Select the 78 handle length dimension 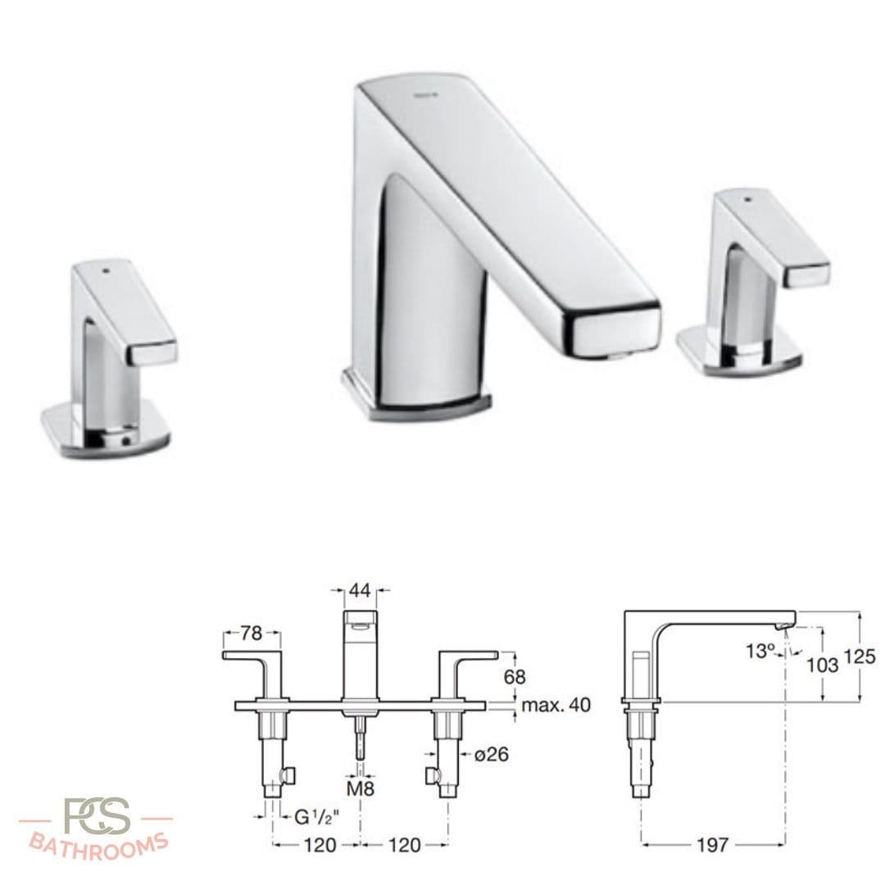click(252, 633)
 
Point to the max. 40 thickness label click(556, 705)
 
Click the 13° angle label click(760, 651)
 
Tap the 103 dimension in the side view click(822, 665)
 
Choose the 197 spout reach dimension click(712, 844)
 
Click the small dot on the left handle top click(107, 268)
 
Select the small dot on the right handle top click(747, 198)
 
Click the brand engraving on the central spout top click(426, 95)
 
